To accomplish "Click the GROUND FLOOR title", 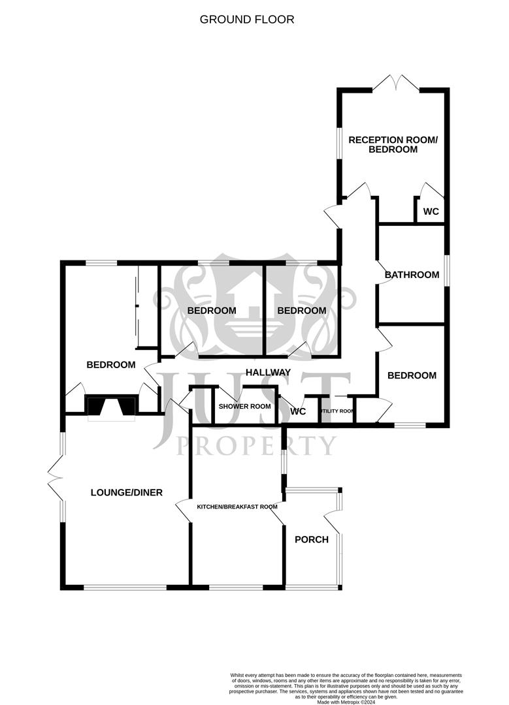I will pos(247,20).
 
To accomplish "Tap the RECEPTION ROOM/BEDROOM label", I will pos(383,144).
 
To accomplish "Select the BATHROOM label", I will pos(412,275).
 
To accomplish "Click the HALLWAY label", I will pos(268,372).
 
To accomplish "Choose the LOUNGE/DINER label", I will pos(126,492).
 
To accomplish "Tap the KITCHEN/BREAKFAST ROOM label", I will pos(237,507).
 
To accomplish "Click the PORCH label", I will pos(312,539).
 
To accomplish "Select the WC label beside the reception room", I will pos(431,211).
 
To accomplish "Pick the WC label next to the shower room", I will pos(298,412).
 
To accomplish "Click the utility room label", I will pos(337,412).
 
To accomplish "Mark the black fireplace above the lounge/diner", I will pos(112,406).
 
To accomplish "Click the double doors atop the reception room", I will pos(396,84).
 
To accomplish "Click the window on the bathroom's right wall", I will pos(448,269).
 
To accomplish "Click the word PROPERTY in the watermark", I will pos(257,446).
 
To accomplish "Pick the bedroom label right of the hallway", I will pos(412,375).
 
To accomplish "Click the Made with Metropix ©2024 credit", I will pos(346,702).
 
